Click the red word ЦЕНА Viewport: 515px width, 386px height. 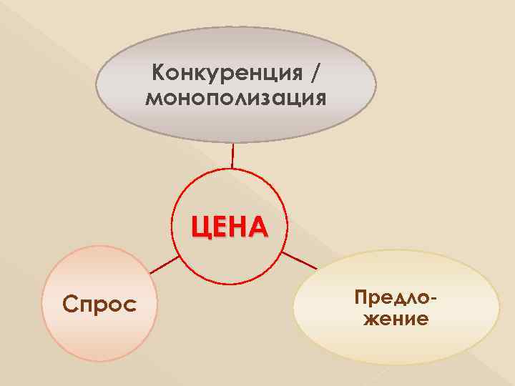229,227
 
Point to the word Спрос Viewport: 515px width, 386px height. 99,305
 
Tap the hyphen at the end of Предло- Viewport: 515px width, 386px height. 433,296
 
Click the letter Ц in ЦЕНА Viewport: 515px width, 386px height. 200,228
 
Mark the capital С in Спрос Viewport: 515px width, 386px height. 69,305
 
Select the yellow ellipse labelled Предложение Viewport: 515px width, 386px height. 396,343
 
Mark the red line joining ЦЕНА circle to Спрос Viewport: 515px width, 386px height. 165,267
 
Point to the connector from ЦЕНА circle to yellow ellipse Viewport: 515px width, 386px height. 300,259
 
